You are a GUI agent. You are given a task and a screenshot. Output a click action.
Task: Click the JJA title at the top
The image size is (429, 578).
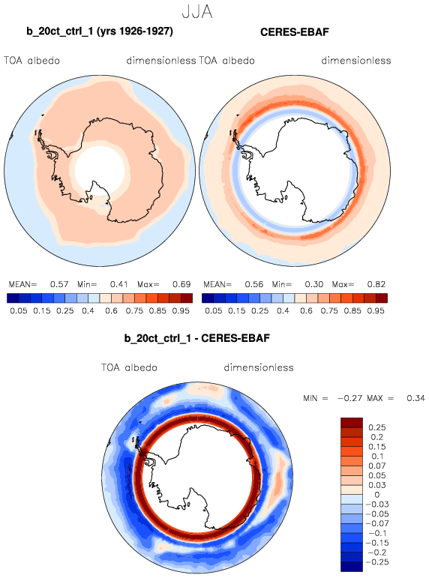pyautogui.click(x=197, y=12)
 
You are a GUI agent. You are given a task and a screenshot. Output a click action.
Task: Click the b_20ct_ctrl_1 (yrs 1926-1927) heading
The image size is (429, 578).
pyautogui.click(x=100, y=31)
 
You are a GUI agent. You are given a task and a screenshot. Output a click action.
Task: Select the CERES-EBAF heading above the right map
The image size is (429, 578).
pyautogui.click(x=294, y=32)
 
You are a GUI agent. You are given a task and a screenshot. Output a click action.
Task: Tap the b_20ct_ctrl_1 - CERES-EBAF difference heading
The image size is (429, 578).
pyautogui.click(x=197, y=338)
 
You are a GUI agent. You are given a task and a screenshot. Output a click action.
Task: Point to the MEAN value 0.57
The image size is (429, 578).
pyautogui.click(x=59, y=284)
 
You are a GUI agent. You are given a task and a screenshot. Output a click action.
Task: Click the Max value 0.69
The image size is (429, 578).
pyautogui.click(x=181, y=284)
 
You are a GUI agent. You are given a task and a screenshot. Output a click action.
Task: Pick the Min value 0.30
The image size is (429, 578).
pyautogui.click(x=314, y=284)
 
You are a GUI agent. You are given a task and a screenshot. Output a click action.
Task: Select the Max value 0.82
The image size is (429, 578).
pyautogui.click(x=376, y=284)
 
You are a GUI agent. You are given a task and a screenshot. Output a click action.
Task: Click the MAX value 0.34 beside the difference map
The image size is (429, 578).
pyautogui.click(x=415, y=398)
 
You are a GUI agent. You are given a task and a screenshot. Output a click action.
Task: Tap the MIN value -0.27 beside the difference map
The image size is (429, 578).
pyautogui.click(x=350, y=398)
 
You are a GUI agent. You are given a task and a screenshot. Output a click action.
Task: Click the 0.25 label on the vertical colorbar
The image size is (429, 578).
pyautogui.click(x=377, y=427)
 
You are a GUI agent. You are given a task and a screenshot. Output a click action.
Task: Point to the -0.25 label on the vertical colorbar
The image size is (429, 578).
pyautogui.click(x=376, y=562)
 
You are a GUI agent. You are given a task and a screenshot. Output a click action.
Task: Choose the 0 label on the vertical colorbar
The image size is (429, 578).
pyautogui.click(x=377, y=495)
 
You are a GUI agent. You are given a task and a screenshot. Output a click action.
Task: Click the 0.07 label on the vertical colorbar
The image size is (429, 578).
pyautogui.click(x=377, y=466)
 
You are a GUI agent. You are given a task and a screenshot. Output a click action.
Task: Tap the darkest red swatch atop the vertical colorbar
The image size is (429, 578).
pyautogui.click(x=352, y=422)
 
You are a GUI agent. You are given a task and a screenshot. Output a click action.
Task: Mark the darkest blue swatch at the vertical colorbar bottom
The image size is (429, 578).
pyautogui.click(x=352, y=567)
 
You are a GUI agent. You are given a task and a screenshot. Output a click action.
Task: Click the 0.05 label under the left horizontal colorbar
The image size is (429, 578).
pyautogui.click(x=19, y=311)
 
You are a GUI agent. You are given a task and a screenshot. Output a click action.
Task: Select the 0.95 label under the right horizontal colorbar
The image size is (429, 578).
pyautogui.click(x=376, y=311)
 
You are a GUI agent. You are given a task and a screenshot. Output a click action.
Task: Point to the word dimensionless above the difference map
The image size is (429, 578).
pyautogui.click(x=259, y=367)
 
